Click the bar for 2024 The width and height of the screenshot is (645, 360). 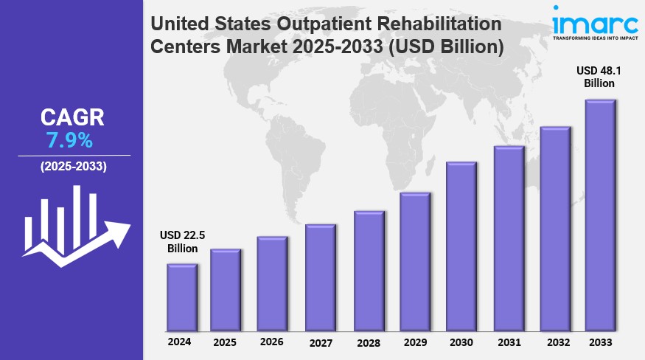pos(181,297)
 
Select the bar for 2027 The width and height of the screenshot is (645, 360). pos(321,277)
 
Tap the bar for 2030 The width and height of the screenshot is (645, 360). pos(461,246)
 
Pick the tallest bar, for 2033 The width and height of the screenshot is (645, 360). pos(600,215)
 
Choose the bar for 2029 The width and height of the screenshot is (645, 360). pos(414,262)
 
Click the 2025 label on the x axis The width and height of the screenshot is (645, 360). pos(225,342)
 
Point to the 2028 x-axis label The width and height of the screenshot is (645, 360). pos(367,343)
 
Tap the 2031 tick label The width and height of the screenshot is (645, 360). pos(508,343)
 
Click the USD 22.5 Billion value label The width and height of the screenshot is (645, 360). pos(182,242)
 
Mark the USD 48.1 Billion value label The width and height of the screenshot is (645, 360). pos(599,77)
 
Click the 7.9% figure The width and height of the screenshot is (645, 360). pos(71,139)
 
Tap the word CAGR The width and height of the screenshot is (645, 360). pos(72,117)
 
